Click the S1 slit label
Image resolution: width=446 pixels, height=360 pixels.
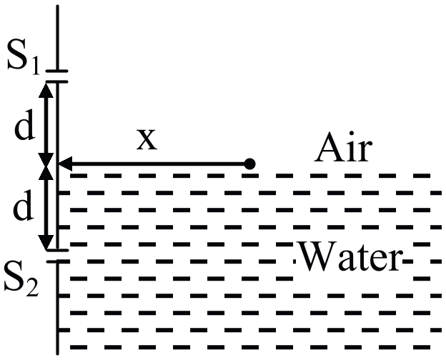pyautogui.click(x=24, y=57)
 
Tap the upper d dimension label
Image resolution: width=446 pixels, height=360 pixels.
pyautogui.click(x=25, y=125)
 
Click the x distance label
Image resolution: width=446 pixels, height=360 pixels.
pyautogui.click(x=147, y=140)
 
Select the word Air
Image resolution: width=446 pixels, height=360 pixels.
pyautogui.click(x=343, y=146)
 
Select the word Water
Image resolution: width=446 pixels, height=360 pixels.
pyautogui.click(x=350, y=256)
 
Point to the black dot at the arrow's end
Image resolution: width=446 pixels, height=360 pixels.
pyautogui.click(x=249, y=164)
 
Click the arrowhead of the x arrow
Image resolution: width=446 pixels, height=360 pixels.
pyautogui.click(x=66, y=164)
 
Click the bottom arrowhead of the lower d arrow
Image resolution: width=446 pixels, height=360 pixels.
pyautogui.click(x=46, y=242)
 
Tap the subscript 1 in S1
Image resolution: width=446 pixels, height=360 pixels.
pyautogui.click(x=35, y=67)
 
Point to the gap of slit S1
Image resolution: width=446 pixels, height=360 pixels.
pyautogui.click(x=57, y=76)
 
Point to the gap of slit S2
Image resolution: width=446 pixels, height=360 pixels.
pyautogui.click(x=57, y=256)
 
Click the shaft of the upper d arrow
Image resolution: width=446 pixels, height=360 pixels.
pyautogui.click(x=46, y=122)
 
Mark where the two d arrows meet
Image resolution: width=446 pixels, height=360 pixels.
pyautogui.click(x=46, y=164)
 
